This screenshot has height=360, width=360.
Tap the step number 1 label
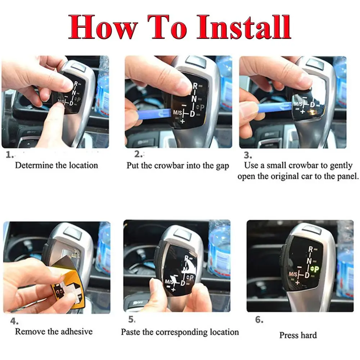tap(10, 155)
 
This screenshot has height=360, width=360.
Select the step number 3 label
tap(247, 155)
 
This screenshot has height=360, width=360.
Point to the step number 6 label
tap(259, 320)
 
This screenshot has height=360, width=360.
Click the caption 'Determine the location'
tap(56, 166)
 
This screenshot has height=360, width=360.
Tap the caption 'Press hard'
tap(298, 335)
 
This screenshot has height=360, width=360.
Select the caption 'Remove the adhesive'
tap(54, 332)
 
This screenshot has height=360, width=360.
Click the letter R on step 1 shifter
tap(76, 84)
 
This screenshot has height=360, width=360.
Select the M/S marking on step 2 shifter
tap(178, 113)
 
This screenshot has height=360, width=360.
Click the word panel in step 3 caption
tap(347, 176)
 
